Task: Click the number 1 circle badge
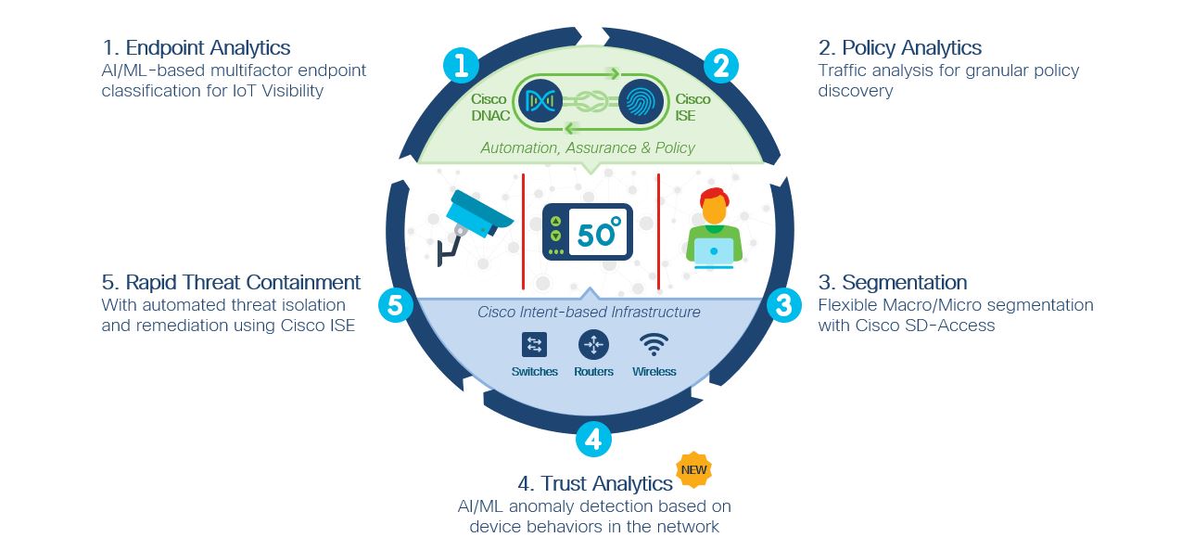(x=461, y=65)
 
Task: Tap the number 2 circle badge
(x=720, y=65)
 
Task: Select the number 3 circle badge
(x=783, y=305)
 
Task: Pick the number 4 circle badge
(x=593, y=439)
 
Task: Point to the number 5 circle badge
(x=396, y=305)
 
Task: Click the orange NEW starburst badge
(x=693, y=470)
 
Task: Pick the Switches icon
(x=534, y=345)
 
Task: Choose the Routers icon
(x=593, y=345)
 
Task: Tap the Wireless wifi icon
(x=654, y=345)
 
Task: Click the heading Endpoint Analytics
(x=208, y=48)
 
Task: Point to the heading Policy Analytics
(x=912, y=48)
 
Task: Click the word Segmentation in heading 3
(x=903, y=283)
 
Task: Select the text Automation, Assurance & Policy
(x=588, y=147)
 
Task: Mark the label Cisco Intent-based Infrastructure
(x=589, y=312)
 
